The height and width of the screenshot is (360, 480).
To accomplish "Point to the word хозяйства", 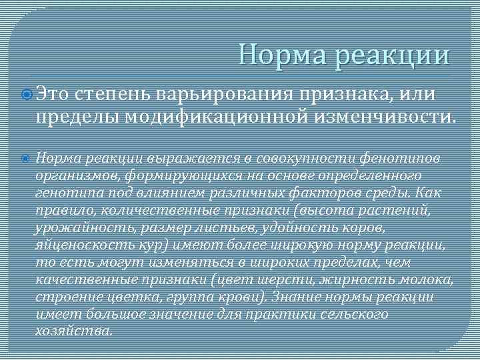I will [x=73, y=330].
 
